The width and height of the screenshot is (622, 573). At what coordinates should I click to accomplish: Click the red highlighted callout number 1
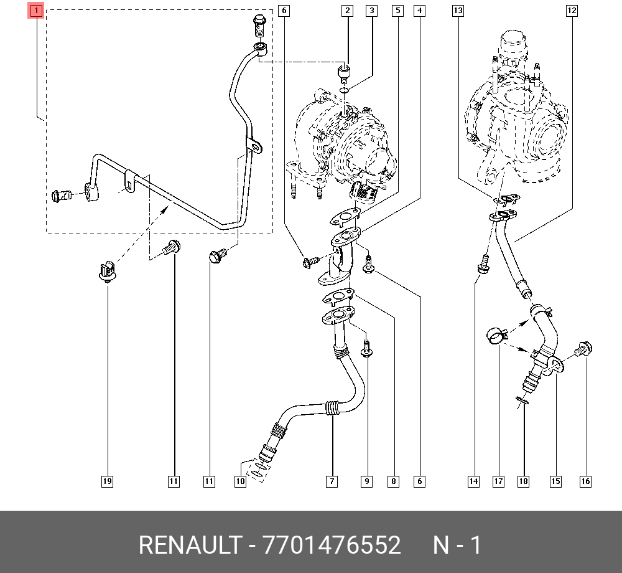(35, 11)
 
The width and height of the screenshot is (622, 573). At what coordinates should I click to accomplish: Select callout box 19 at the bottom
(107, 481)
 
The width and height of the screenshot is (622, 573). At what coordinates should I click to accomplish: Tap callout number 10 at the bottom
(240, 481)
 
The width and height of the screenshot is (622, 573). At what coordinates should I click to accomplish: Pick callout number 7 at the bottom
(332, 481)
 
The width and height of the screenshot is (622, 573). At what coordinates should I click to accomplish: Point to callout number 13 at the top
(458, 11)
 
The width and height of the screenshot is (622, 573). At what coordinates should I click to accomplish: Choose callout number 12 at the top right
(572, 11)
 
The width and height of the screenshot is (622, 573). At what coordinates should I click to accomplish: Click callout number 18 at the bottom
(523, 481)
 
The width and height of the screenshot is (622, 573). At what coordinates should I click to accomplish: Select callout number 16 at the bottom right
(585, 481)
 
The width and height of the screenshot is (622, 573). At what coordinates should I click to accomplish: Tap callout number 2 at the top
(348, 11)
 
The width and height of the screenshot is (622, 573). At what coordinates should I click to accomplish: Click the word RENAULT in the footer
(190, 545)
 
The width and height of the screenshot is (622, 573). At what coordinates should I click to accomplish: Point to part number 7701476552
(332, 545)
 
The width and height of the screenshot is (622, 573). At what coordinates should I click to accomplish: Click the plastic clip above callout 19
(107, 271)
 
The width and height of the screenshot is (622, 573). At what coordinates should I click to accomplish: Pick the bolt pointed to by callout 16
(583, 349)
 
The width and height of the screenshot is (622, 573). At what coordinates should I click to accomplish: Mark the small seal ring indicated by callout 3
(345, 91)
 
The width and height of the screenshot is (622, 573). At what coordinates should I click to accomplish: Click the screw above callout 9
(366, 348)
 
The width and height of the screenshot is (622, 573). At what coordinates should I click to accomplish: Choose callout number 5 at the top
(398, 11)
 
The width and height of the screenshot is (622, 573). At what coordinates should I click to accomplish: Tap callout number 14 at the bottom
(473, 481)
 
